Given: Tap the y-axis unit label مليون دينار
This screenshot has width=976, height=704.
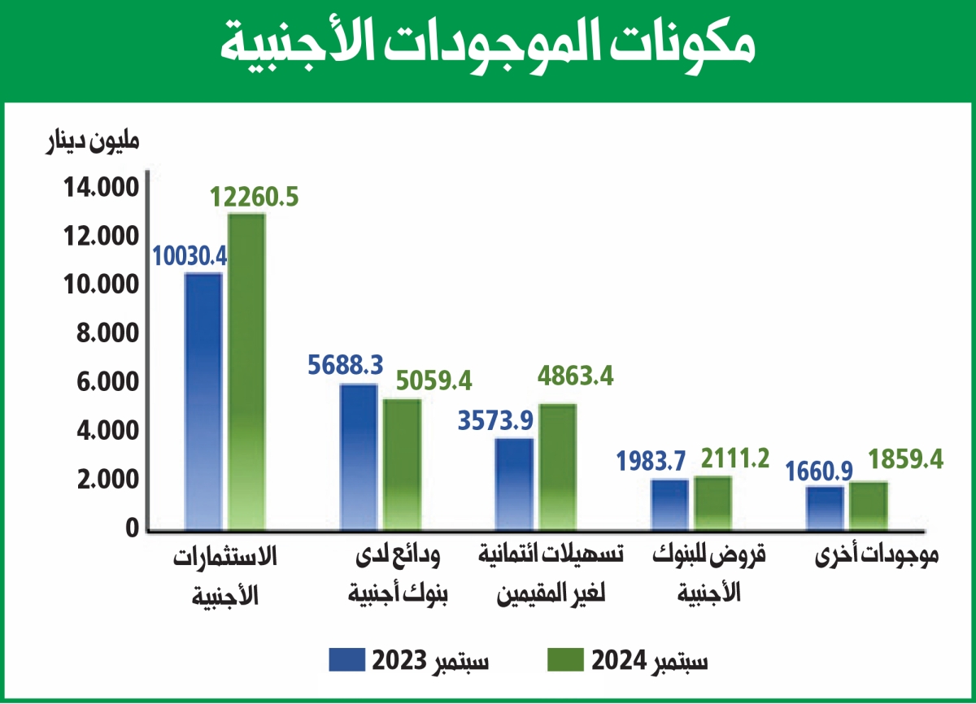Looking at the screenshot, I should click(90, 140).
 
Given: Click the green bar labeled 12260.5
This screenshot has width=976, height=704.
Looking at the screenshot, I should click(246, 372).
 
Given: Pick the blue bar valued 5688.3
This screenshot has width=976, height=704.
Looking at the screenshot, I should click(359, 457).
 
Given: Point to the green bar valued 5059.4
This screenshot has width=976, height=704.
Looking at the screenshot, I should click(402, 464).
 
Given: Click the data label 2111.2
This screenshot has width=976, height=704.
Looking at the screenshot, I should click(730, 459).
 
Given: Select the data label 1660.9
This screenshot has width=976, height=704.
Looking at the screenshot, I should click(820, 470).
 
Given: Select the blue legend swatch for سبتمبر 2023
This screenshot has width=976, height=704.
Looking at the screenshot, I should click(347, 659).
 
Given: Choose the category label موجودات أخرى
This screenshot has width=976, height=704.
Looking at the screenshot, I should click(878, 557).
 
